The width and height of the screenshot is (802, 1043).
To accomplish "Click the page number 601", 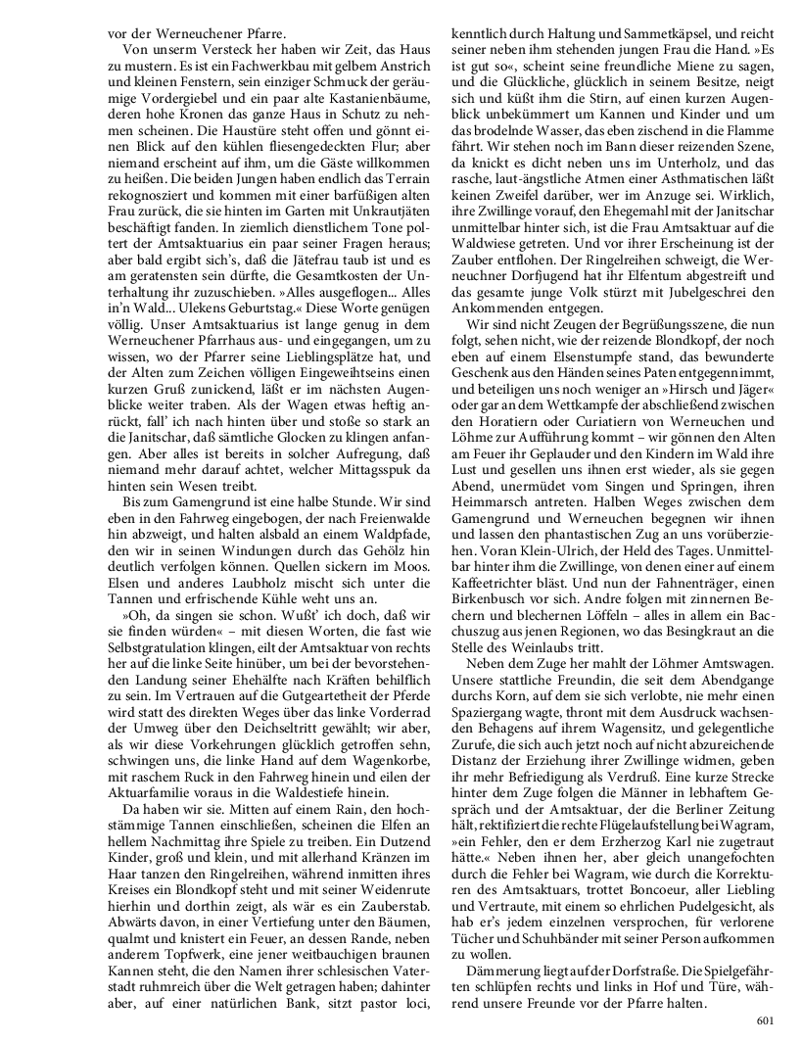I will (766, 1020).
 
